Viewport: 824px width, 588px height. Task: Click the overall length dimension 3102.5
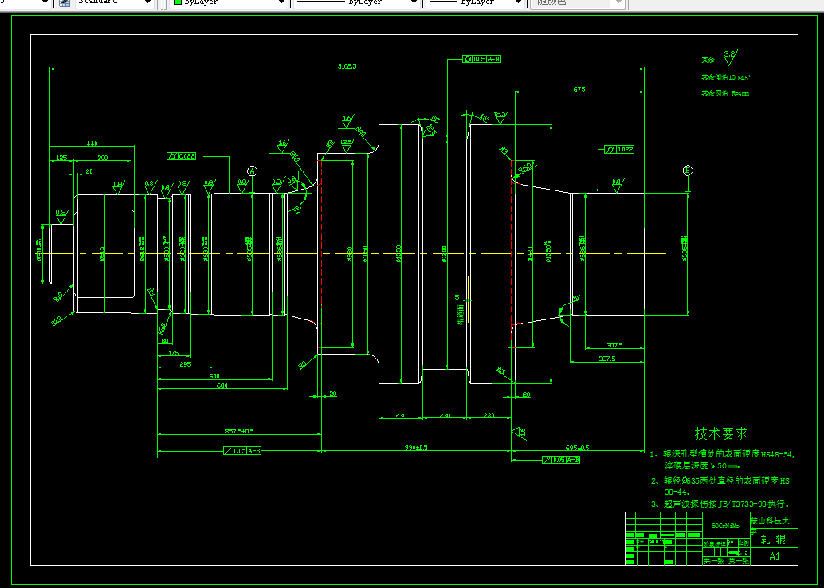347,65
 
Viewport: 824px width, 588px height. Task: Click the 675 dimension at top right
579,89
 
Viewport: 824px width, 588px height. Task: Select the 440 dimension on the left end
92,143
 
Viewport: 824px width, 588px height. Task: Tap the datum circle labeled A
253,171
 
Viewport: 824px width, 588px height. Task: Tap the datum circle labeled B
688,171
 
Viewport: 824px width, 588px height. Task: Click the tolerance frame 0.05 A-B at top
482,59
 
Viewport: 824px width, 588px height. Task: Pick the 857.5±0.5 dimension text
239,432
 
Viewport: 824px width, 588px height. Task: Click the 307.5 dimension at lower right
614,346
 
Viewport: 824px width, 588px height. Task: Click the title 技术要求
721,433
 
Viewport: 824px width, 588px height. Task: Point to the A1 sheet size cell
775,557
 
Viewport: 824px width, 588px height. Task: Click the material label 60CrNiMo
725,526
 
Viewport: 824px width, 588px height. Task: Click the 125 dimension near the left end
61,158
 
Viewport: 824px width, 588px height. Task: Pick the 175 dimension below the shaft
174,353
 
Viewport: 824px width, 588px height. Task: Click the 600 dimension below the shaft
214,375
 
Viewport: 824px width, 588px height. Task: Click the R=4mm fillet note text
725,94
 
